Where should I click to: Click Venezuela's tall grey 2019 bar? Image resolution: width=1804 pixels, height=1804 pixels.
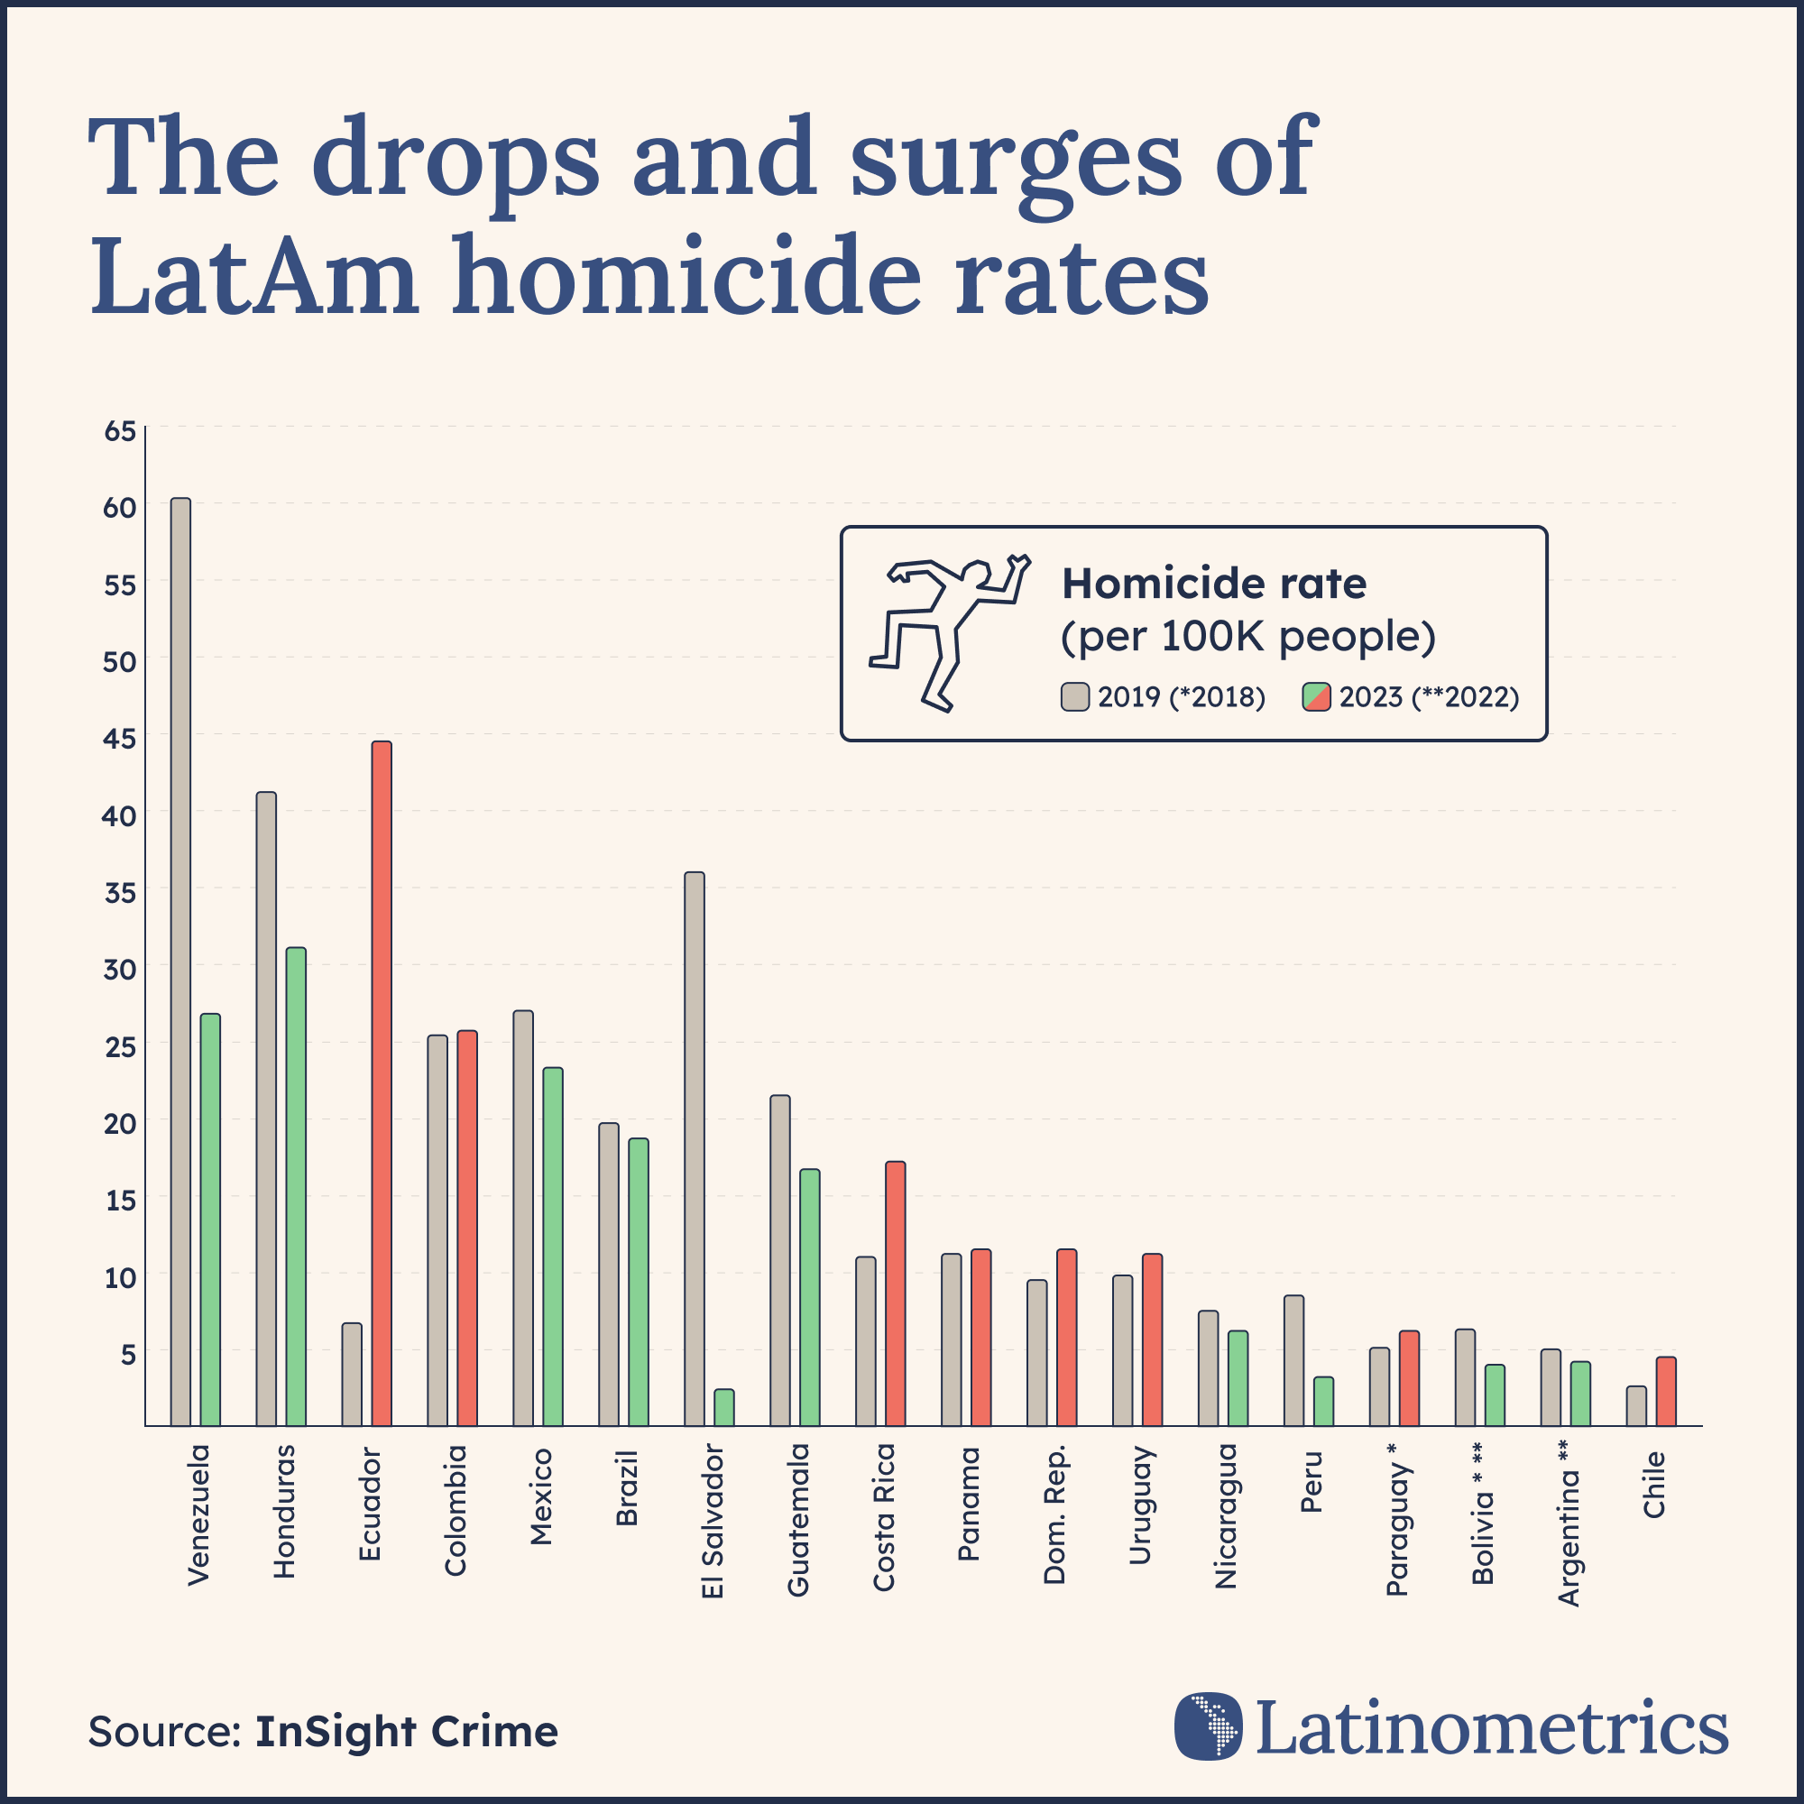(x=180, y=962)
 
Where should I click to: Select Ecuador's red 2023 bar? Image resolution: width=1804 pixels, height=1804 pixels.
(x=381, y=1083)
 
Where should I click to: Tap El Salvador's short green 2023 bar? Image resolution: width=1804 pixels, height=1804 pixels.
(x=723, y=1407)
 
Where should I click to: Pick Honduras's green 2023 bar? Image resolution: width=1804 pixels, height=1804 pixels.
(x=295, y=1186)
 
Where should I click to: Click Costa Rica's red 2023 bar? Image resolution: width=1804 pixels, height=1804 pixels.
(x=895, y=1293)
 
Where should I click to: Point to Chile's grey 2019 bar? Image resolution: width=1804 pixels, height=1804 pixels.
(x=1636, y=1405)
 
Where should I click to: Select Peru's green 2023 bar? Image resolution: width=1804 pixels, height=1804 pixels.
(x=1323, y=1401)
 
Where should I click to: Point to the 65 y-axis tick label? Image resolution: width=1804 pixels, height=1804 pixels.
(x=121, y=431)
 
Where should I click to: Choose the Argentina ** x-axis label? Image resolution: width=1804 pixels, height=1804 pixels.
(x=1569, y=1522)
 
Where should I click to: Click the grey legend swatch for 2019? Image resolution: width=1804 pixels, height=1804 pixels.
(x=1075, y=696)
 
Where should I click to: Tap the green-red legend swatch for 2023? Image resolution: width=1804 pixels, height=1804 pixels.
(x=1317, y=696)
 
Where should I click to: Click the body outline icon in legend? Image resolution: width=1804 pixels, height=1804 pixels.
(x=948, y=633)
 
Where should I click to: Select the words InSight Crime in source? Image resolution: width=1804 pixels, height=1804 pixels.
(x=406, y=1731)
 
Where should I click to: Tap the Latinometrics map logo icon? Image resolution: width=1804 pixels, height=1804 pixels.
(x=1209, y=1726)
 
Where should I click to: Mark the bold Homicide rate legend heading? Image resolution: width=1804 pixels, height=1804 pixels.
(x=1214, y=584)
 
